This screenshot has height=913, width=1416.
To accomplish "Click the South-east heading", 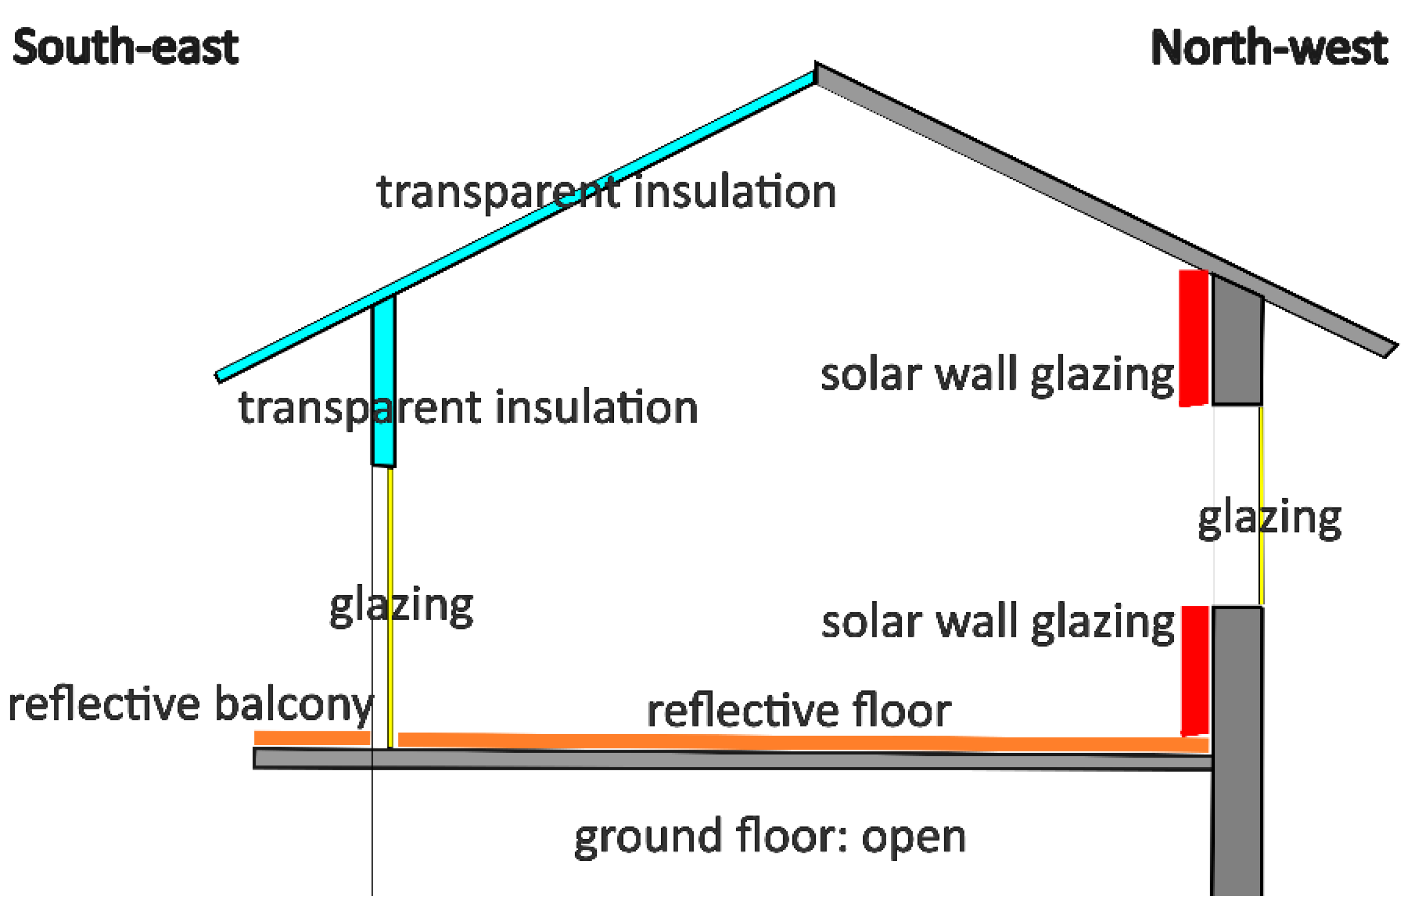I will click(x=125, y=47).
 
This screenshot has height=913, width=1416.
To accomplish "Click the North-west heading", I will click(x=1268, y=48).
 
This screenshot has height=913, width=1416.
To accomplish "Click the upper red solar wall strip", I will click(x=1193, y=338).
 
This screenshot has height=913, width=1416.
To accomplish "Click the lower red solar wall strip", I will click(x=1194, y=670).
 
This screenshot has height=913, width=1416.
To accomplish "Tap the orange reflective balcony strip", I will click(x=312, y=738).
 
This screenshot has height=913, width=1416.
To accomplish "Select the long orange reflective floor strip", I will click(x=800, y=742).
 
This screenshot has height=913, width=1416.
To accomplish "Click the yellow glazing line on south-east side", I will click(x=390, y=605).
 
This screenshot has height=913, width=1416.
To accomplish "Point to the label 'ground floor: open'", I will click(x=770, y=837).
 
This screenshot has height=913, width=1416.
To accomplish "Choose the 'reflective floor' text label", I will click(x=799, y=711).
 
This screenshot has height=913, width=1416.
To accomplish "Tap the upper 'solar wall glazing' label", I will click(x=997, y=376).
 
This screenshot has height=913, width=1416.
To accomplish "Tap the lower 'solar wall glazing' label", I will click(x=998, y=623).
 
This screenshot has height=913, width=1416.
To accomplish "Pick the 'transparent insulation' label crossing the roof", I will click(x=606, y=192).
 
